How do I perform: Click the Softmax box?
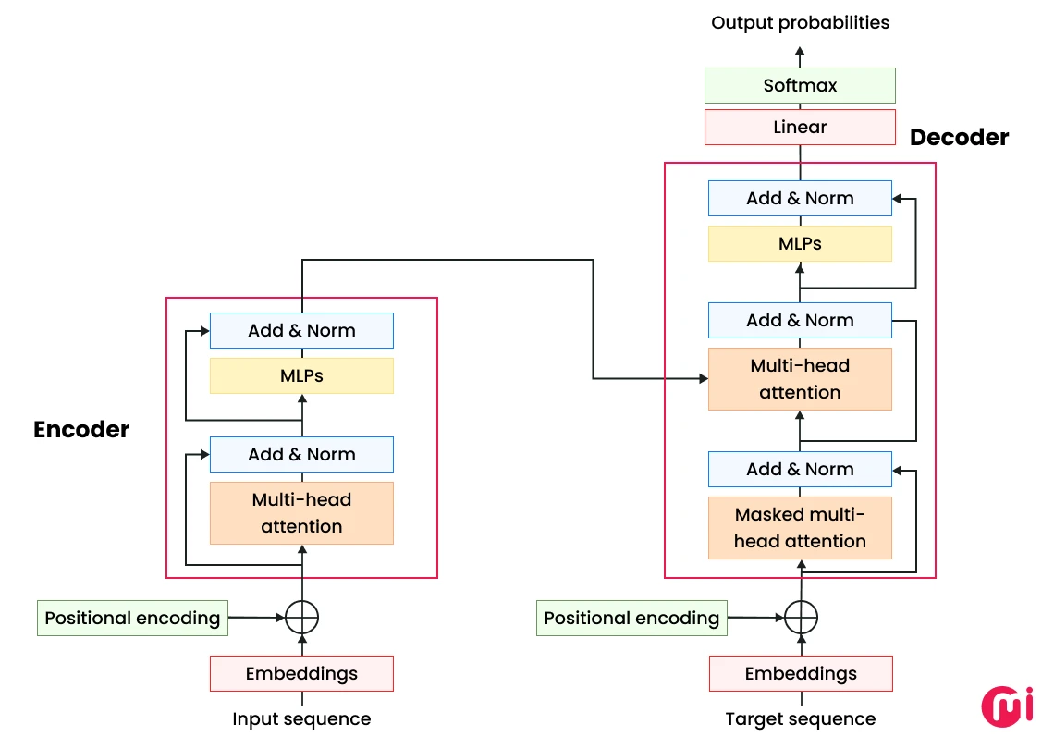800,85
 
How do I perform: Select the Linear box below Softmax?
800,128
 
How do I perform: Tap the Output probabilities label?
800,22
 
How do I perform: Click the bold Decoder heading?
959,138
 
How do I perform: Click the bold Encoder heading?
81,429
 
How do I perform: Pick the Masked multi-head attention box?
800,528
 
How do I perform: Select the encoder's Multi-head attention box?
301,513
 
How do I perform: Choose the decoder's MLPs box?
800,244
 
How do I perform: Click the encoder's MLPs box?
301,376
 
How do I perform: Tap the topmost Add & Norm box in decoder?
800,198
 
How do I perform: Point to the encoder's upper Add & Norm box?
301,330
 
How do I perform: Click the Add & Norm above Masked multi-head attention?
800,469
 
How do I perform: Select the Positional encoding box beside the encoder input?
132,618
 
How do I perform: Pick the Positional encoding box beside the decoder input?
631,618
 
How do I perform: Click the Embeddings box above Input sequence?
301,673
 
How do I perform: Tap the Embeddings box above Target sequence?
801,673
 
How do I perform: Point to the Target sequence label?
800,719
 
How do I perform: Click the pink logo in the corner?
1005,705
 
